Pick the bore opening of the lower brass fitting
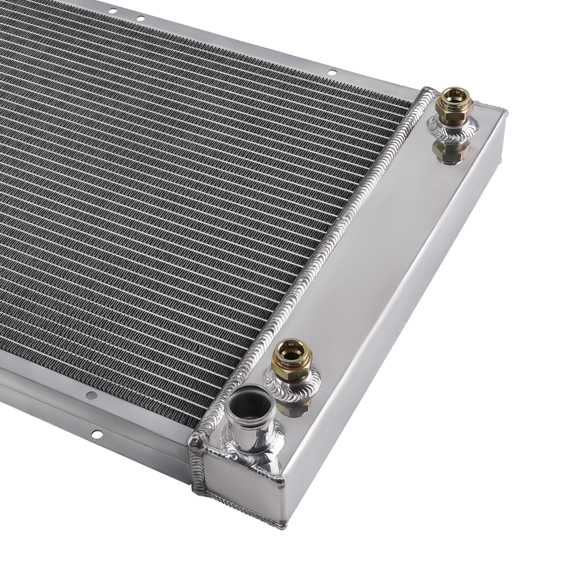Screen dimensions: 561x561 click(x=291, y=349)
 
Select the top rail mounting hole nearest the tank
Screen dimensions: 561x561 click(x=332, y=72)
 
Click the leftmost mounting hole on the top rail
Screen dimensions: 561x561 click(x=112, y=10)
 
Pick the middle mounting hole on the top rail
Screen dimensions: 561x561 click(x=140, y=19)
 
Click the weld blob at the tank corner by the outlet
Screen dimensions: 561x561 click(x=196, y=440)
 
